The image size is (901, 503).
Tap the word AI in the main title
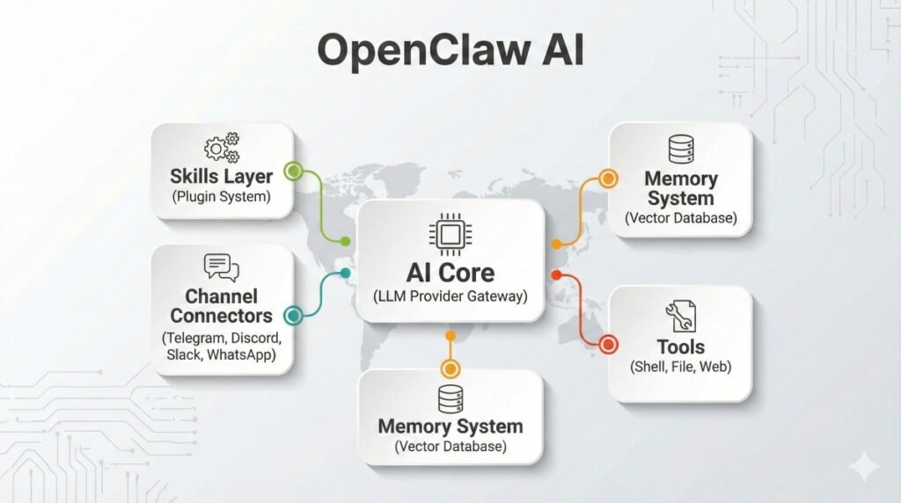point(557,51)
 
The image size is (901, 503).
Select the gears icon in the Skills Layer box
point(221,147)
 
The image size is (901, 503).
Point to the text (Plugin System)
point(221,196)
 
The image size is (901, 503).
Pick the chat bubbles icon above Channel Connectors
point(221,266)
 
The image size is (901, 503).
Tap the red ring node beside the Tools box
point(608,345)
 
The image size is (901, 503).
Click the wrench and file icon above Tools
point(680,315)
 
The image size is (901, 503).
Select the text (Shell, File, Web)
point(680,368)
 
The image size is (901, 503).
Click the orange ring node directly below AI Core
point(450,368)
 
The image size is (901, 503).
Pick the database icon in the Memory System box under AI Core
point(450,398)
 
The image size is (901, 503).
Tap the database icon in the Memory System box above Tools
point(680,149)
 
